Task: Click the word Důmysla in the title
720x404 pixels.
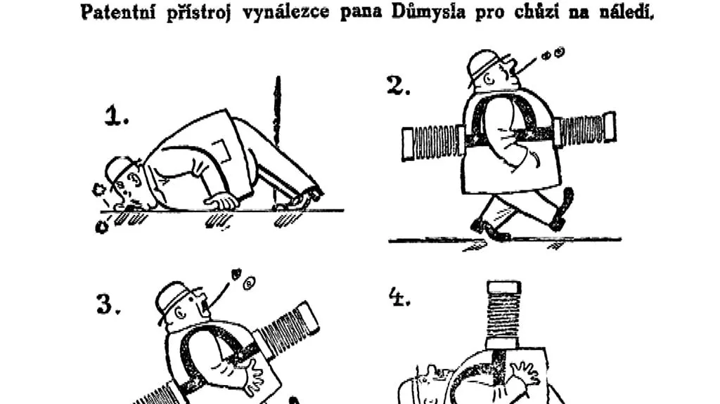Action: coord(427,11)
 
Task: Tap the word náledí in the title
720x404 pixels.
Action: coord(626,11)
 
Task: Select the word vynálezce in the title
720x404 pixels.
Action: coord(285,13)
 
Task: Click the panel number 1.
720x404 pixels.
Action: coord(116,116)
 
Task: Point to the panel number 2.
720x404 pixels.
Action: coord(398,86)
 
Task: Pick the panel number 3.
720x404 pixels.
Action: coord(108,304)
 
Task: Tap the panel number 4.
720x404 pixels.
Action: coord(399,297)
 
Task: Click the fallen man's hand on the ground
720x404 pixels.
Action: coord(222,202)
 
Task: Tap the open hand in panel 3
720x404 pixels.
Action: coord(253,377)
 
